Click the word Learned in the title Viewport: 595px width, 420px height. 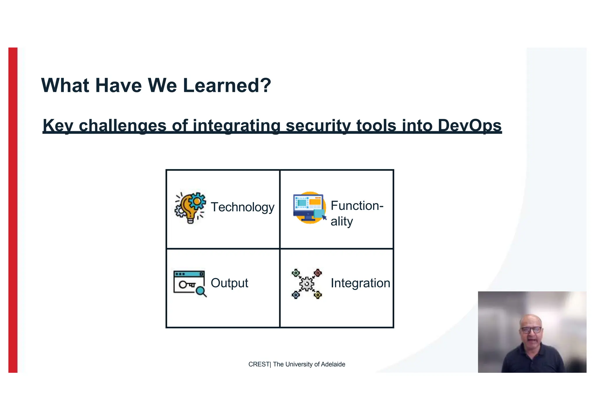pyautogui.click(x=227, y=86)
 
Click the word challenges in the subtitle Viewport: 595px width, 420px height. pyautogui.click(x=122, y=126)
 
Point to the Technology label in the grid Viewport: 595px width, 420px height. pyautogui.click(x=242, y=207)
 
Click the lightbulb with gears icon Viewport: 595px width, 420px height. pyautogui.click(x=190, y=207)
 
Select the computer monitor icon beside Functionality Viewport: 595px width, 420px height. pyautogui.click(x=309, y=207)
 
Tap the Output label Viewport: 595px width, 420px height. pyautogui.click(x=229, y=283)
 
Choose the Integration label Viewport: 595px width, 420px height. pyautogui.click(x=360, y=283)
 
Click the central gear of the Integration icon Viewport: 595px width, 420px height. pyautogui.click(x=307, y=284)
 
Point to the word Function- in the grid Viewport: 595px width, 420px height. pyautogui.click(x=357, y=206)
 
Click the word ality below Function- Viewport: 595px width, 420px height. pyautogui.click(x=342, y=221)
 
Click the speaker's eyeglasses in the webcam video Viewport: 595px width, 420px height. pyautogui.click(x=531, y=330)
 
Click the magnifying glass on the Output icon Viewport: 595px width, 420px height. pyautogui.click(x=200, y=291)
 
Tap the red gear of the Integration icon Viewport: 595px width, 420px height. pyautogui.click(x=318, y=273)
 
